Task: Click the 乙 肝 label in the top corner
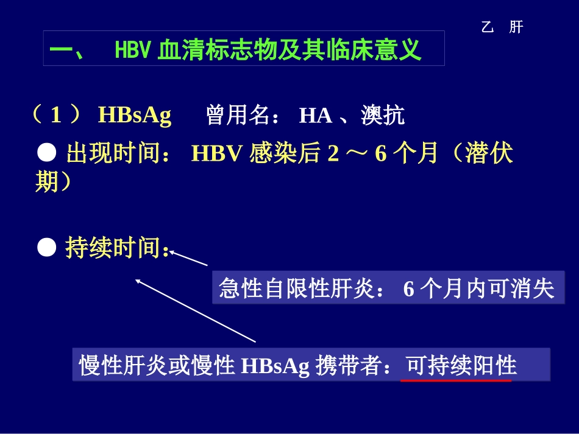coord(502,27)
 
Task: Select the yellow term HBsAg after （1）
coord(134,115)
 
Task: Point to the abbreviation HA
coord(315,115)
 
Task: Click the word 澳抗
coord(383,115)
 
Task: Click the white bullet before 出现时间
coord(48,153)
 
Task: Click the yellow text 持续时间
coord(111,248)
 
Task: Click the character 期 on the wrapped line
coord(46,181)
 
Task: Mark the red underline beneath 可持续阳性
coord(455,380)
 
